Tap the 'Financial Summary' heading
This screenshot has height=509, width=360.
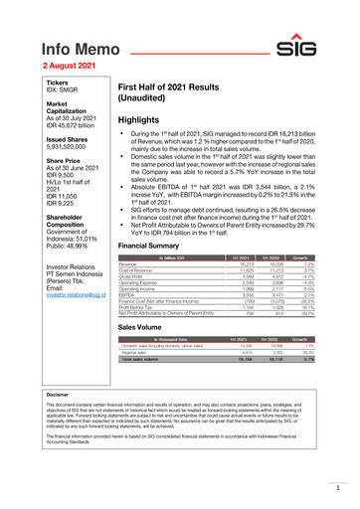(x=158, y=244)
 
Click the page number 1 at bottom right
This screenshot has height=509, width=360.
(x=338, y=489)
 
